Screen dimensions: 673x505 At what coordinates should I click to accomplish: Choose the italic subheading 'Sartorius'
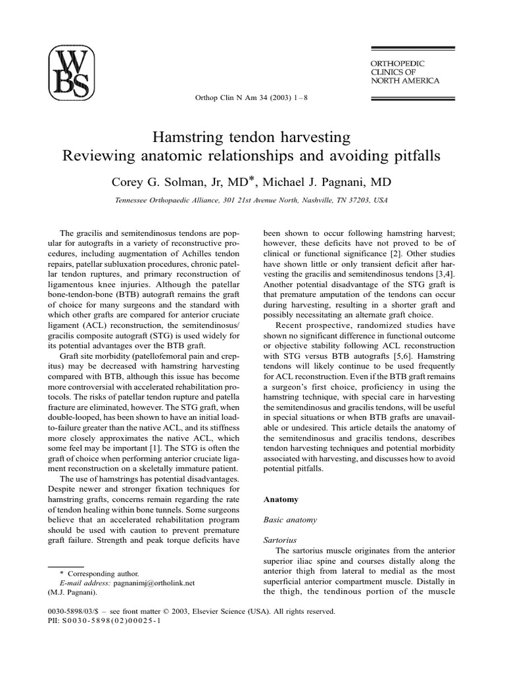coord(279,540)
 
